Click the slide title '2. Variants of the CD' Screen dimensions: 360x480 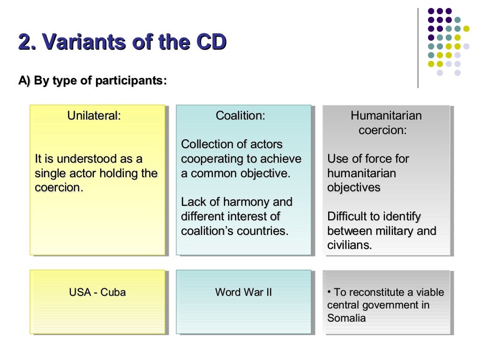pos(122,42)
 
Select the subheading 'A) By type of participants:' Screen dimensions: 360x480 pos(92,81)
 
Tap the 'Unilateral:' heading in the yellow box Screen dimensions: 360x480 pos(94,115)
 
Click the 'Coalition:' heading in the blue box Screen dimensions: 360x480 pos(240,115)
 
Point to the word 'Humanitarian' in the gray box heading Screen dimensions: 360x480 pos(386,115)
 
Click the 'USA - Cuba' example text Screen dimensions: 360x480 pos(97,292)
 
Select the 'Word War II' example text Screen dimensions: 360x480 pos(243,292)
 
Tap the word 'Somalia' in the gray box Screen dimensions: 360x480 pos(346,318)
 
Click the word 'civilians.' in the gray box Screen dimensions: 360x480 pos(349,245)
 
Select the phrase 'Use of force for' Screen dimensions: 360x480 pos(368,159)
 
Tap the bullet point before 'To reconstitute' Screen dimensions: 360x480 pos(330,292)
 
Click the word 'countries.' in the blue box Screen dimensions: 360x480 pos(265,231)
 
